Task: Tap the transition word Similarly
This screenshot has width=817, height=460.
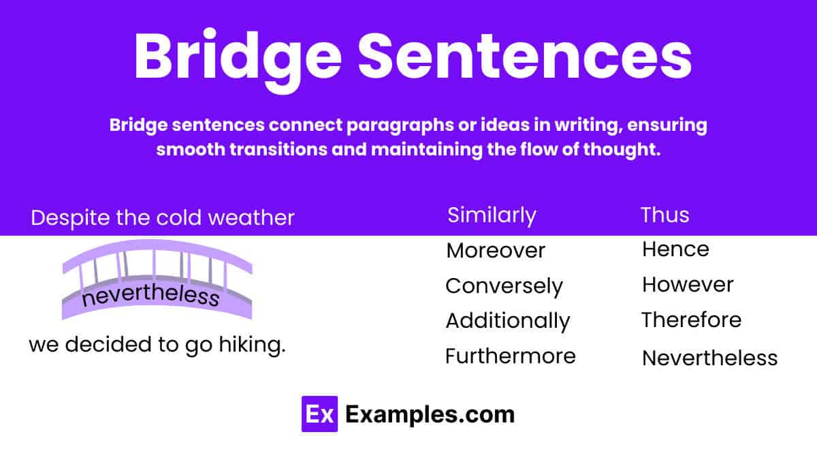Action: click(492, 215)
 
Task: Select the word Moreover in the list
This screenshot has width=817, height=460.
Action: click(496, 251)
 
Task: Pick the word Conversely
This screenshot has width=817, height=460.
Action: click(504, 286)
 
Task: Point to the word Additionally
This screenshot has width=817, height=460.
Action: click(507, 321)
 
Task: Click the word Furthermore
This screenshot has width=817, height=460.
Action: click(510, 356)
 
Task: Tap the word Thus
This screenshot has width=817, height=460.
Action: click(664, 215)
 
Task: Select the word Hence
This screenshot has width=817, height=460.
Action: click(675, 249)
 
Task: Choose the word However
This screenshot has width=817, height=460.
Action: click(687, 285)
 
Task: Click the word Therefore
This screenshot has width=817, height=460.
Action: click(691, 320)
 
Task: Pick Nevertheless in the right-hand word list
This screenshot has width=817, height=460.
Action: click(709, 358)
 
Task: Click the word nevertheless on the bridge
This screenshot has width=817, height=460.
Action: click(150, 297)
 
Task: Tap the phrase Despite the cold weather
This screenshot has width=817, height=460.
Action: click(163, 218)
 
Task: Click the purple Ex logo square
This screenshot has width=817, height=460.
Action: click(319, 414)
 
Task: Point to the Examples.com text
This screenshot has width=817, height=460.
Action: click(430, 414)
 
